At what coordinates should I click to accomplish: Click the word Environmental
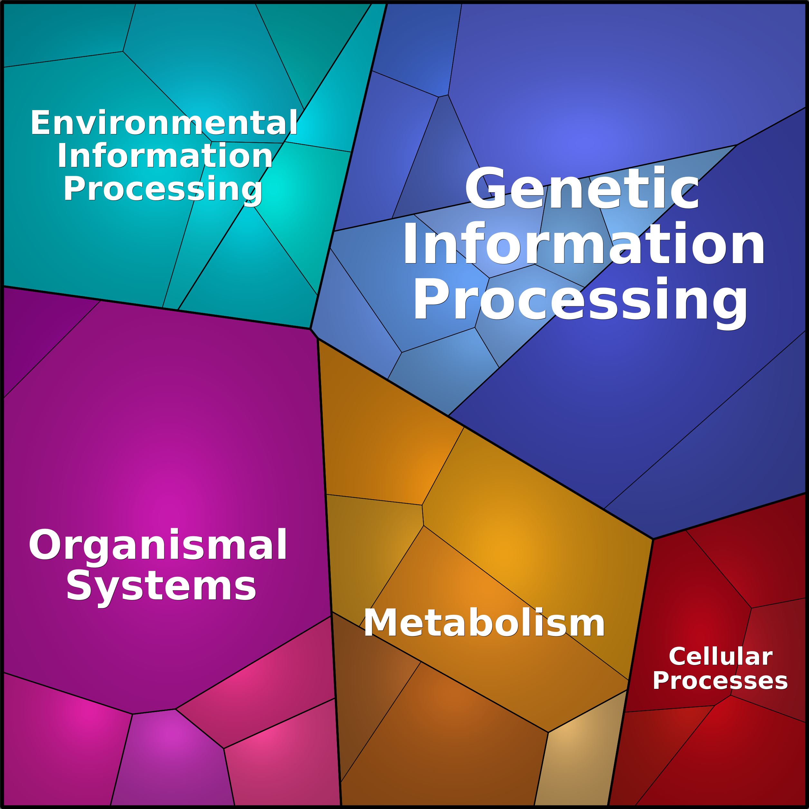click(164, 123)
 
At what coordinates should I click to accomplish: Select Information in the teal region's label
click(165, 156)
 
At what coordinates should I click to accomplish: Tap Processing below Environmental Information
click(163, 189)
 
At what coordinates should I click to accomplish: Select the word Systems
click(161, 586)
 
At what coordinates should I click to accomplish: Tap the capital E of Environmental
click(40, 123)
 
